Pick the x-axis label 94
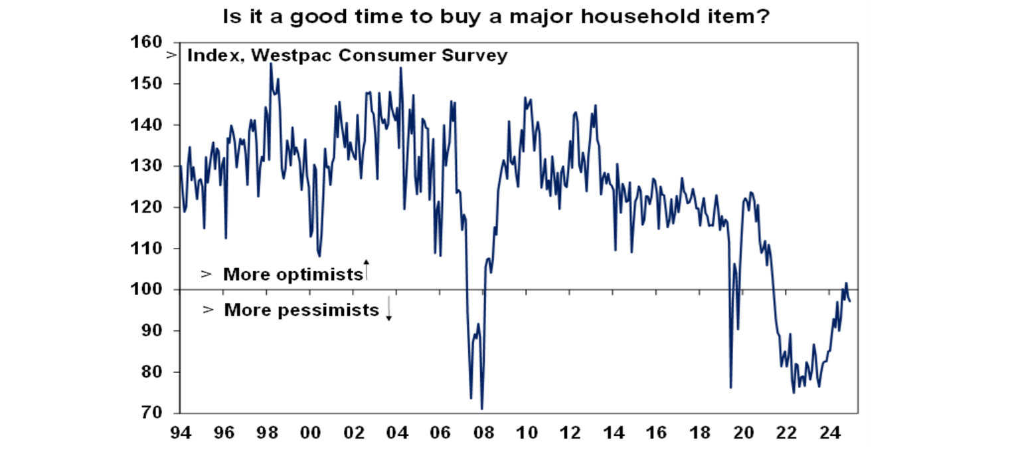(181, 433)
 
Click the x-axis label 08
(483, 433)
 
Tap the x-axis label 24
(829, 433)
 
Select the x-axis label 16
(657, 433)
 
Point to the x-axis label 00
(310, 433)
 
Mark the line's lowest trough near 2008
(481, 409)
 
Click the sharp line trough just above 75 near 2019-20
(730, 388)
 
